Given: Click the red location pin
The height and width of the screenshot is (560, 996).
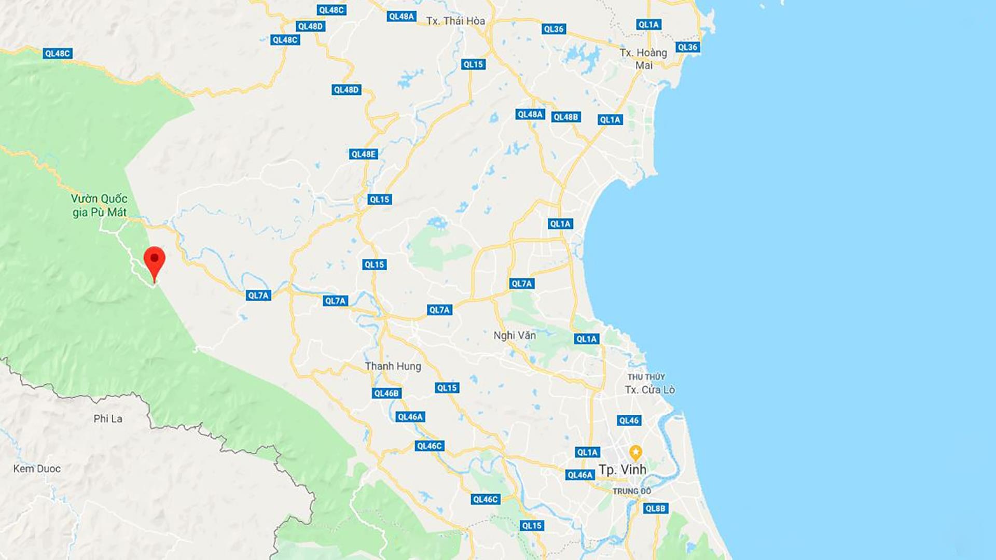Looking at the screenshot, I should (154, 260).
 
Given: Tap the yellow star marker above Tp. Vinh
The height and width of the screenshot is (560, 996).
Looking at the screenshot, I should (635, 452).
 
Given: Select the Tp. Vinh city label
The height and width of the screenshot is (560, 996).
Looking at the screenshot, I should (622, 470).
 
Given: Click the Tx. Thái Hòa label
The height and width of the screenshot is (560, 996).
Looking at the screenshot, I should (455, 21).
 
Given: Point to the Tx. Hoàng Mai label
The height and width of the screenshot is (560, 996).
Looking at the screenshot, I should (644, 59).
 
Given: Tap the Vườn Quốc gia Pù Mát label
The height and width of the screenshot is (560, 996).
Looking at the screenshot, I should (99, 205).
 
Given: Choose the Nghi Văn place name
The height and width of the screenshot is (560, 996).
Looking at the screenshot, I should (515, 335).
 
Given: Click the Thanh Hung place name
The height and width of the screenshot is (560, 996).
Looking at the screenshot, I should (393, 366).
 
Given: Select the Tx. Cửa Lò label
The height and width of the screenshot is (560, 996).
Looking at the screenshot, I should (649, 390).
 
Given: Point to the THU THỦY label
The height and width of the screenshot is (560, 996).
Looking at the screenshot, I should (646, 377).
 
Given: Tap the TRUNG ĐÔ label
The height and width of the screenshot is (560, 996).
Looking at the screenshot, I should (631, 491).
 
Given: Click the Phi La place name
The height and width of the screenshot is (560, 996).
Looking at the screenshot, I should (108, 419).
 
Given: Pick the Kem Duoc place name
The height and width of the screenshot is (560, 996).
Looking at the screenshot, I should (37, 469).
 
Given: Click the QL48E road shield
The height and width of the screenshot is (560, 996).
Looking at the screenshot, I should (363, 154).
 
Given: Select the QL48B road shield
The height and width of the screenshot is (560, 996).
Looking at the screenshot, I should (565, 117).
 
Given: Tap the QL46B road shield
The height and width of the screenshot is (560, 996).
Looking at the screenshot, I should (386, 393).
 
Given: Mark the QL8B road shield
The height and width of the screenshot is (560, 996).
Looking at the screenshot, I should (655, 509).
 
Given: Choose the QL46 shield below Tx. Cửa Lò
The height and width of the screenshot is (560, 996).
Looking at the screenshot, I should (629, 421).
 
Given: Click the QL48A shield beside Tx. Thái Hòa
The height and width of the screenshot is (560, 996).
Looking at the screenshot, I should (402, 17).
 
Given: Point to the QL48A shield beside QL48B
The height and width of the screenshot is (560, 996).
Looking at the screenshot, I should (530, 115).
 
